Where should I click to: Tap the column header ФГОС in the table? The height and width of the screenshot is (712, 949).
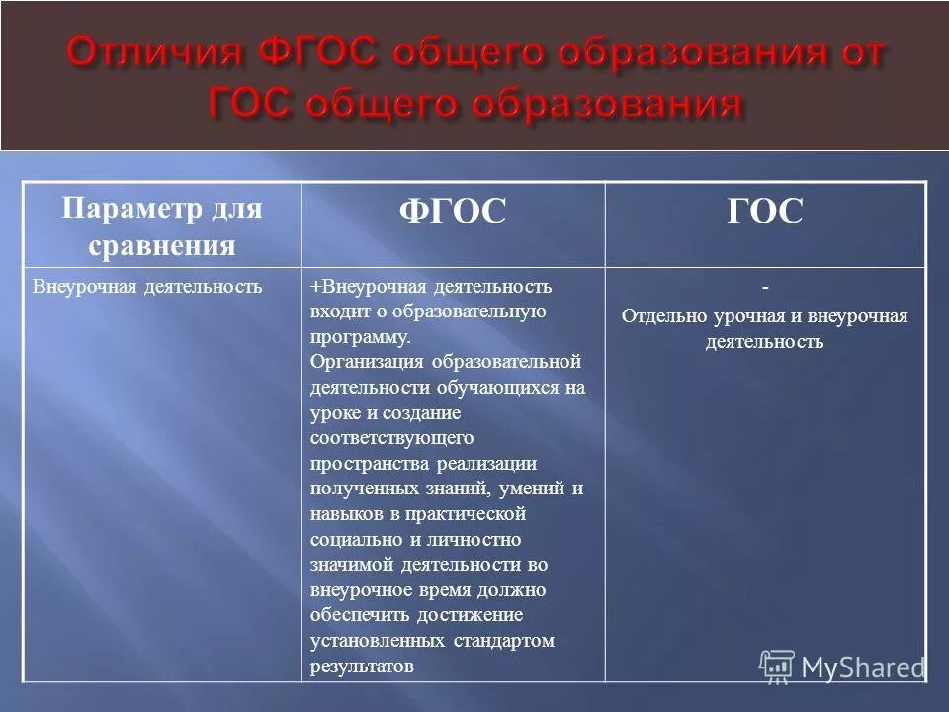click(x=453, y=212)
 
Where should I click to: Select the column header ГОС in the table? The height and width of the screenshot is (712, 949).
click(x=765, y=212)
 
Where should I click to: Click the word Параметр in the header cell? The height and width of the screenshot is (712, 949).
click(x=133, y=209)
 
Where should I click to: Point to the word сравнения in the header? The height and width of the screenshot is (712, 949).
click(x=161, y=245)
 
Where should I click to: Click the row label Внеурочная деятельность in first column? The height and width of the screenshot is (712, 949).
click(x=147, y=287)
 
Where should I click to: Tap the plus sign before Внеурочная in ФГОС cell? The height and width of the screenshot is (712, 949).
click(x=315, y=287)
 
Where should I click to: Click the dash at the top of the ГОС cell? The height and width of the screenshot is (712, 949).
click(x=764, y=286)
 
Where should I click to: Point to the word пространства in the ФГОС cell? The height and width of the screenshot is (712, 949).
click(x=361, y=463)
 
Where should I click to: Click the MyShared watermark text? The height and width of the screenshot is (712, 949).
click(x=862, y=667)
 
